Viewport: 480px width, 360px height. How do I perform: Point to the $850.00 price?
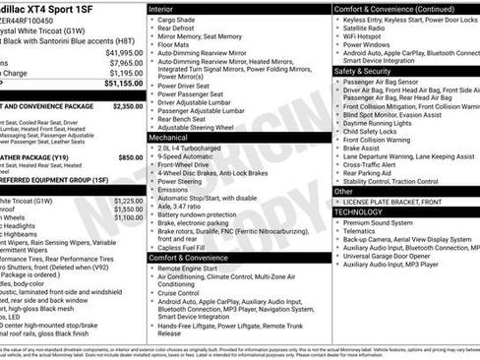[x=130, y=156]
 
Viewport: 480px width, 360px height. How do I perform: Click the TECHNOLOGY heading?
[x=358, y=211]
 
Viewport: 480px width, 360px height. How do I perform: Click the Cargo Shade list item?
[x=176, y=19]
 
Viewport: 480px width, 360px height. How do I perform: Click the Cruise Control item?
[x=184, y=293]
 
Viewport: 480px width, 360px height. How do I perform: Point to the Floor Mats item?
[x=174, y=44]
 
